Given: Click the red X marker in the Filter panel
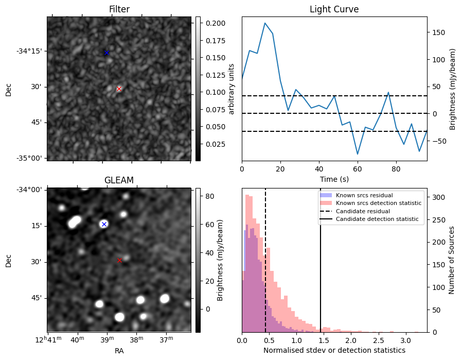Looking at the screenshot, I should click(x=119, y=89).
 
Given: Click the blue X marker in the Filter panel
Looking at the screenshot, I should click(x=106, y=53).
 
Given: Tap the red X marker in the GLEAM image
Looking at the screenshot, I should click(x=119, y=260).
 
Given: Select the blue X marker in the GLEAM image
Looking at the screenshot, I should click(x=104, y=224).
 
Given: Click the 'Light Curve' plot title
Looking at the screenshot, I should click(x=334, y=9).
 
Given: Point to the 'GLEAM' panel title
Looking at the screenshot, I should click(x=119, y=180).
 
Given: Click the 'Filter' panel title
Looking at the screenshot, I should click(x=119, y=9).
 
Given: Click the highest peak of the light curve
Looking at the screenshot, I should click(x=265, y=23).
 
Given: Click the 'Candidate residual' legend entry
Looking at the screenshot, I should click(x=363, y=211).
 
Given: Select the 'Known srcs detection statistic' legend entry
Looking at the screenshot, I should click(x=379, y=203).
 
